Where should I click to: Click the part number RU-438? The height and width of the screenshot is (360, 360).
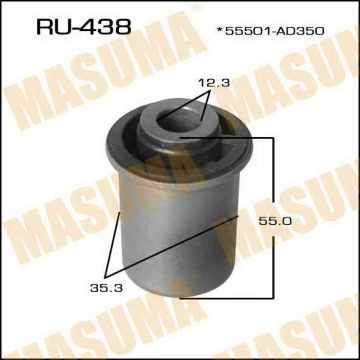coord(83,26)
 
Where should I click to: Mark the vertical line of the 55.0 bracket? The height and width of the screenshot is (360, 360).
coord(272,216)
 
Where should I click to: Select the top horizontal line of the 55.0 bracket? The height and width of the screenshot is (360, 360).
coord(226,138)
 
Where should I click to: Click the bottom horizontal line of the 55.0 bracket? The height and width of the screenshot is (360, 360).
coord(226,297)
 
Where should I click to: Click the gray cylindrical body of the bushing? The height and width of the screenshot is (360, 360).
coord(170,237)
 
